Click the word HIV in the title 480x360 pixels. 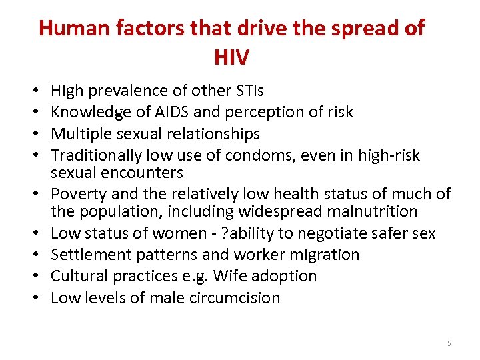point(231,57)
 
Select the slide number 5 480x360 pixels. point(449,343)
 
